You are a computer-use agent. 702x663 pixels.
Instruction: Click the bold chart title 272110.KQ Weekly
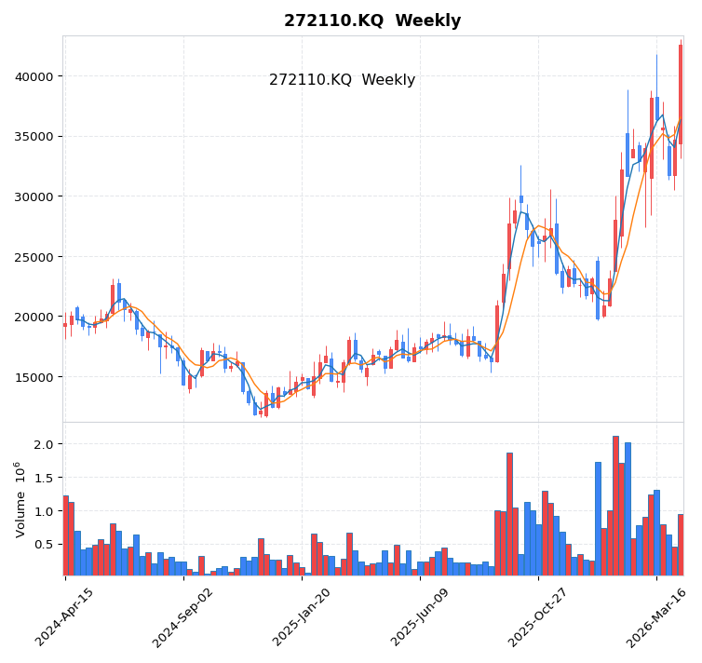click(x=372, y=20)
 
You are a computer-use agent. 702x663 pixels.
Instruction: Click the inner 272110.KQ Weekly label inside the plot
click(x=342, y=80)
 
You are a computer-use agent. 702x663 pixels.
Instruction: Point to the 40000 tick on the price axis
click(x=34, y=76)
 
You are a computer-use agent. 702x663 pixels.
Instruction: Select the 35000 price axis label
click(x=34, y=137)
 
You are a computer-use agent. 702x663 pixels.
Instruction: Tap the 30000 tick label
click(x=34, y=196)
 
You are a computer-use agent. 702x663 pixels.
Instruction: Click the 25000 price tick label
click(x=34, y=257)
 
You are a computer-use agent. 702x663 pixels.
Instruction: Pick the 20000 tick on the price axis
click(x=34, y=318)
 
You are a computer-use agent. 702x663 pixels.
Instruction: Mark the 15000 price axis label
click(x=34, y=377)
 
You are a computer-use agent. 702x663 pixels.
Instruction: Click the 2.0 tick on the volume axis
click(x=43, y=444)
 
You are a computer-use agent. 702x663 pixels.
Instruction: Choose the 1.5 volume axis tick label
click(x=43, y=478)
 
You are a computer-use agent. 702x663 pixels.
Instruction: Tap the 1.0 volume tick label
click(x=43, y=511)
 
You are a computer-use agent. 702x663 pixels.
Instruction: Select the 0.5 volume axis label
click(x=43, y=545)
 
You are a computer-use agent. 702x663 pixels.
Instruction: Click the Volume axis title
click(x=20, y=499)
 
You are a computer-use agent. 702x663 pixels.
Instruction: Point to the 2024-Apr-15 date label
click(x=65, y=616)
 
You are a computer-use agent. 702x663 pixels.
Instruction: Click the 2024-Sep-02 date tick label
click(x=183, y=616)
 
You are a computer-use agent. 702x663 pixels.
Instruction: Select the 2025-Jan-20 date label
click(x=302, y=616)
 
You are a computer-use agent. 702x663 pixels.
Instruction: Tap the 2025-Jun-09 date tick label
click(x=420, y=616)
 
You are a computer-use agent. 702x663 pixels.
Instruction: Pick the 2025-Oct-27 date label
click(x=538, y=616)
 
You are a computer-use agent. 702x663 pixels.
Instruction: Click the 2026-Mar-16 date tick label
click(x=656, y=616)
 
